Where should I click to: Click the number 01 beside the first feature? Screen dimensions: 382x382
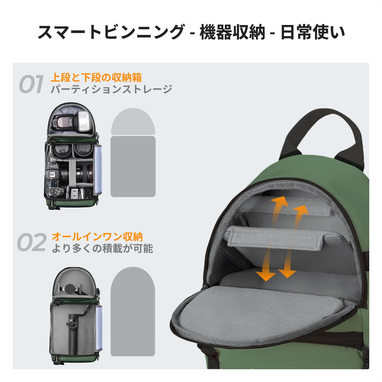coord(31,84)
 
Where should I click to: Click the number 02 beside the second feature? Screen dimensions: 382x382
coord(32,242)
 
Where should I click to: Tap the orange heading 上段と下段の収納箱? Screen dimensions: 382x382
coord(96,77)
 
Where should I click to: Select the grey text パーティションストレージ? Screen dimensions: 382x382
coord(111,89)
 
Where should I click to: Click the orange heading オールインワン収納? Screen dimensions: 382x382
coord(97,237)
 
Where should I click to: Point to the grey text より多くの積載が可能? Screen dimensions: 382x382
coord(102,248)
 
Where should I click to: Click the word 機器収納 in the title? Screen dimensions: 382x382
coord(232,32)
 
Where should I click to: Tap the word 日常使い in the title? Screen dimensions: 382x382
coord(313,32)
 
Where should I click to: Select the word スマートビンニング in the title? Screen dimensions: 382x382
coord(111,32)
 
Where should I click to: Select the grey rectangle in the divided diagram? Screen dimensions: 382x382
coord(133,166)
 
